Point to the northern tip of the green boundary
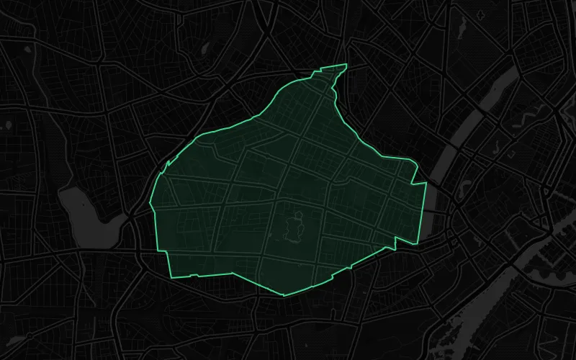point(346,65)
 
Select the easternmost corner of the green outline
point(426,184)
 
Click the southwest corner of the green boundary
point(171,277)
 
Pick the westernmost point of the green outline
point(150,205)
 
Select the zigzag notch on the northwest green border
point(168,165)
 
